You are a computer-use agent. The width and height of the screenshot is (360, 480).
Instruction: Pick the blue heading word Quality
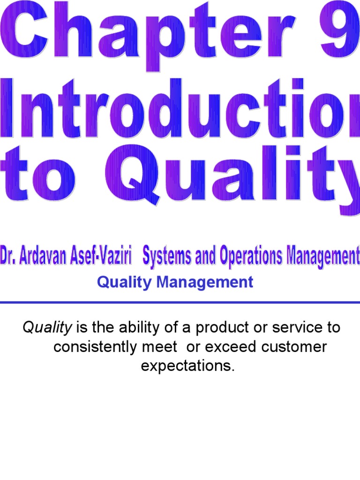click(x=120, y=282)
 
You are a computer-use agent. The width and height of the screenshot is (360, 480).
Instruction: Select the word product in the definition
click(x=216, y=328)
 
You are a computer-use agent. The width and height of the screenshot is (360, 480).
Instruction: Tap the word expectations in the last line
click(x=187, y=366)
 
